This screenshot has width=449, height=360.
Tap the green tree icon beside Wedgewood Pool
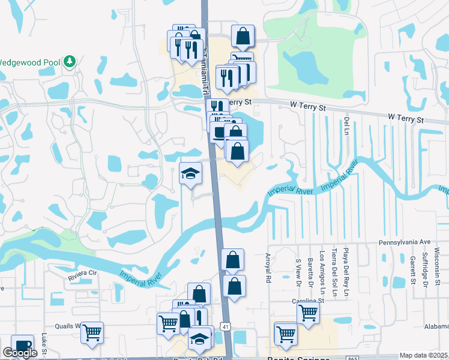tap(70, 61)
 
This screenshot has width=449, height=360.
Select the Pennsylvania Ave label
tap(405, 242)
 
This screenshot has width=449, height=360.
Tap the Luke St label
tap(44, 343)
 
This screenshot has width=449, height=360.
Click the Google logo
tap(20, 353)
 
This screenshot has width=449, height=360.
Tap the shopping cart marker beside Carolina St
tap(308, 312)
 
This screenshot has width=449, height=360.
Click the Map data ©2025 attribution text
tap(423, 355)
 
